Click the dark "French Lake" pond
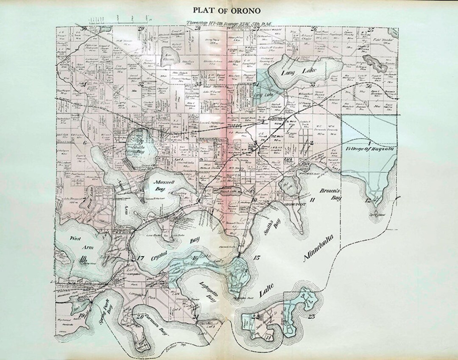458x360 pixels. tap(229, 191)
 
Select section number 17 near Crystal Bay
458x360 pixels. tap(141, 258)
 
